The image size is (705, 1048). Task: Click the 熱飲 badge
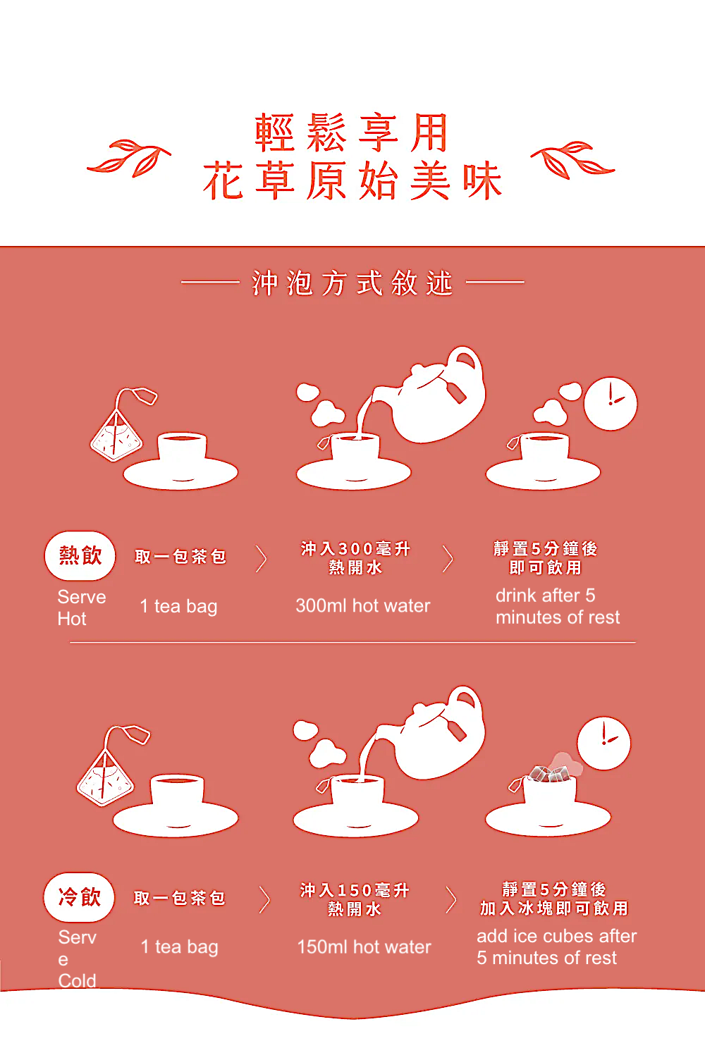[80, 555]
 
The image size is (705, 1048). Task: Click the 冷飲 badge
[79, 897]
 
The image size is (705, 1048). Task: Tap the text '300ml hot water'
[362, 605]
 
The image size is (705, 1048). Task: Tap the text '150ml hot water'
[364, 947]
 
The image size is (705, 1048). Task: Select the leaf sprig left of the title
[129, 159]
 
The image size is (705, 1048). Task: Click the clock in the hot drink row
[611, 404]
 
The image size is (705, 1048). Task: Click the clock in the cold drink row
[603, 744]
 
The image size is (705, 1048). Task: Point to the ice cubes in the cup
[551, 773]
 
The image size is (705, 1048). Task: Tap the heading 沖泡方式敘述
[352, 283]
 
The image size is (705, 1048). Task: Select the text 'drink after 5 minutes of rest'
[557, 606]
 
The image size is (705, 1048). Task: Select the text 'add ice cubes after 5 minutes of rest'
[556, 947]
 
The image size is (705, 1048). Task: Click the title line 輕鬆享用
[352, 132]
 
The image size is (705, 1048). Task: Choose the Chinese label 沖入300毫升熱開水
[355, 557]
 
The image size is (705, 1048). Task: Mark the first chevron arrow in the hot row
[262, 559]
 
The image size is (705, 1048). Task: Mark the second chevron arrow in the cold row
[450, 900]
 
